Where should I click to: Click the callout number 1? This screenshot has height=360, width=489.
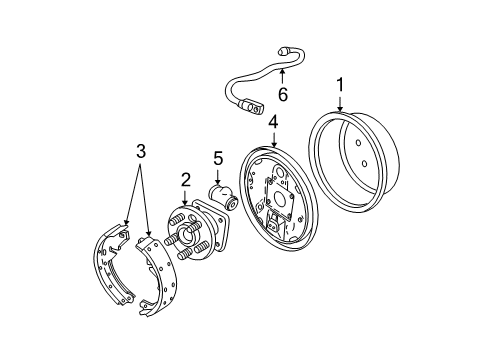[x=340, y=87]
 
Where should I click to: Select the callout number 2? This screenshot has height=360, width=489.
[x=185, y=180]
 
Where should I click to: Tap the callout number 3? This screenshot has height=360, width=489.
[x=140, y=151]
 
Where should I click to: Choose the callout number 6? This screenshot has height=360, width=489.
[x=282, y=94]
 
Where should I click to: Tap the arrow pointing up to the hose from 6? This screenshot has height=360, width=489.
[x=282, y=76]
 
